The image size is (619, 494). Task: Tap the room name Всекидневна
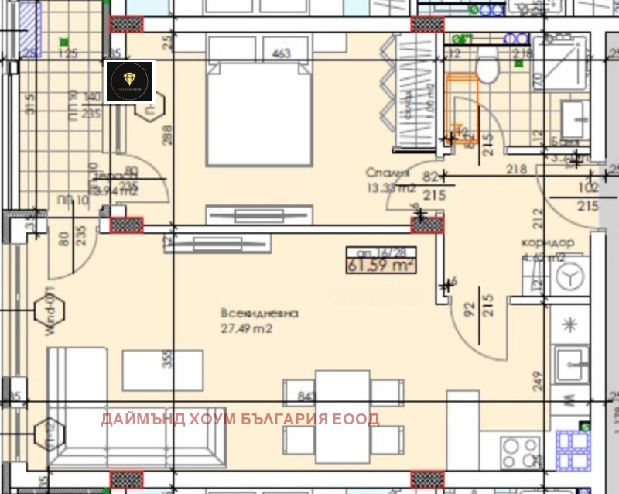(258, 314)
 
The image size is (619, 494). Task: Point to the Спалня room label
(386, 173)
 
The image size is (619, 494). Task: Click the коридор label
(547, 243)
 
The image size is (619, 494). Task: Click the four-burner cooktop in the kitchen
(521, 450)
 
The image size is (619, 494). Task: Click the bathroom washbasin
(574, 119)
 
